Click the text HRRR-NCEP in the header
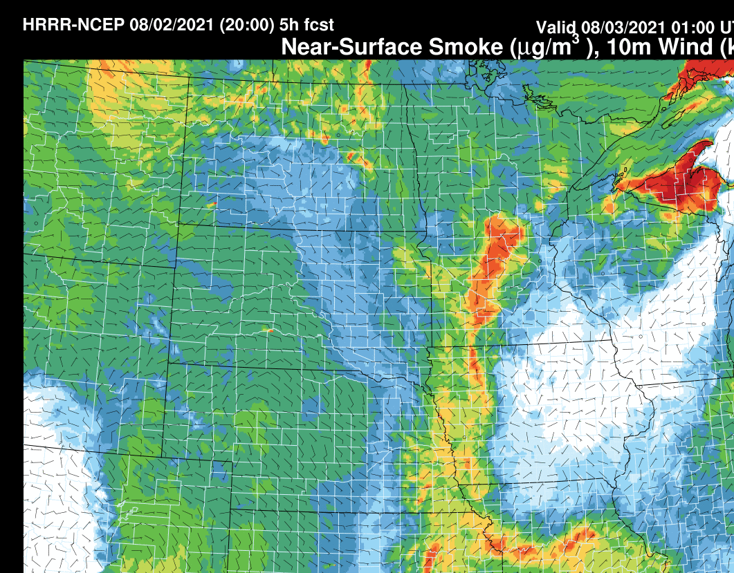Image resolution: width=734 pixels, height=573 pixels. [73, 25]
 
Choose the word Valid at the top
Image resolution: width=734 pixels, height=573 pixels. [557, 28]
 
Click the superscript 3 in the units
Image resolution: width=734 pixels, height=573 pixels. [575, 39]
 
